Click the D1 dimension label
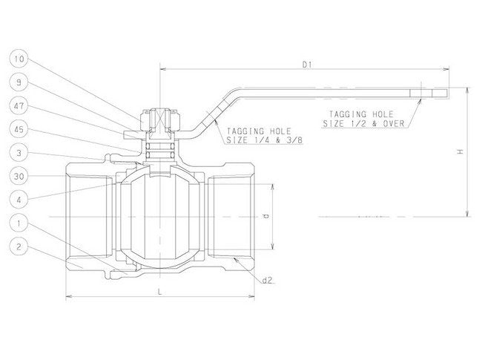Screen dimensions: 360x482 point(306,65)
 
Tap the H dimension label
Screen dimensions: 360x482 point(460,152)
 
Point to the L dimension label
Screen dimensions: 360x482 point(160,292)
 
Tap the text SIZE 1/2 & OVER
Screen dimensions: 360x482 point(363,124)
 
